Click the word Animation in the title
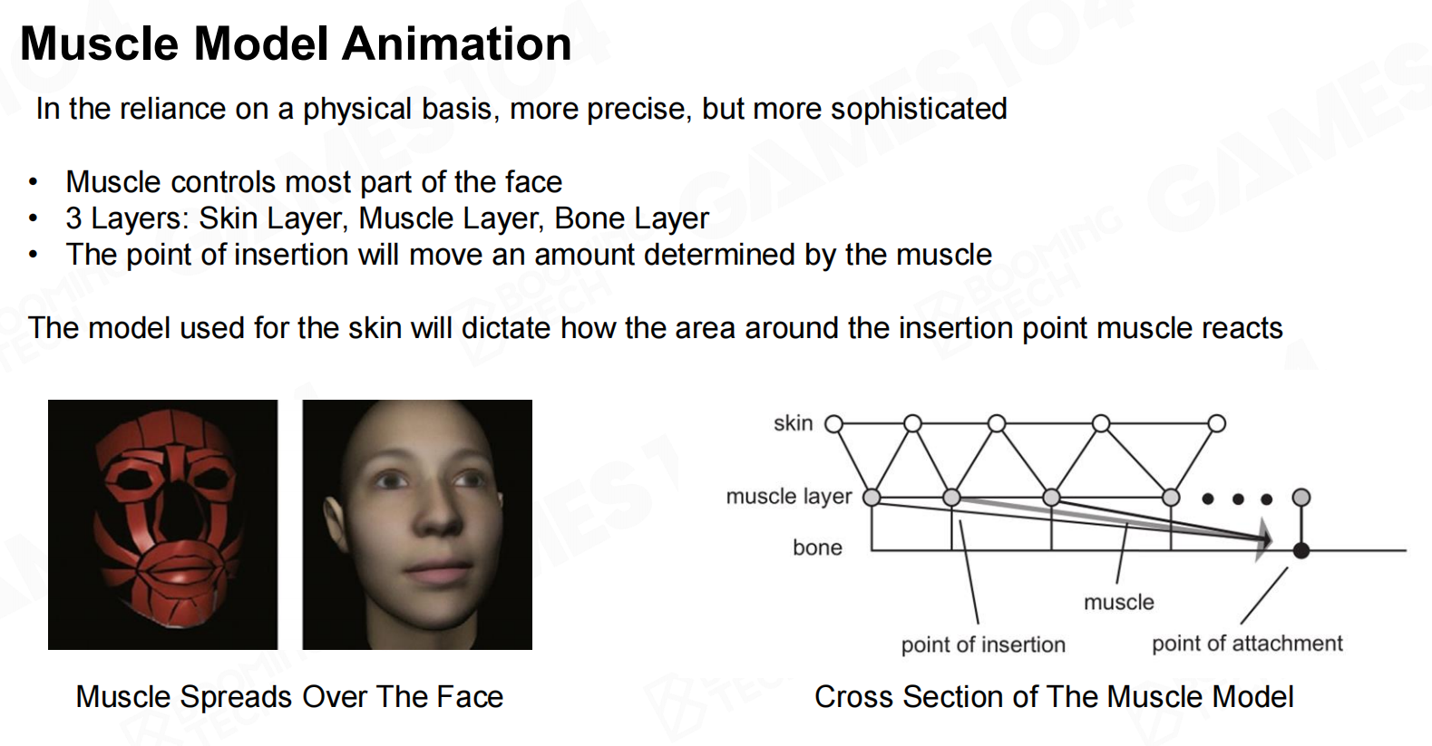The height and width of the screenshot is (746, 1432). coord(456,44)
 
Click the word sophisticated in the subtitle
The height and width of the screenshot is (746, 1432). coord(919,110)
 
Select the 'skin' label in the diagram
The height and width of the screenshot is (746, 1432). coord(793,422)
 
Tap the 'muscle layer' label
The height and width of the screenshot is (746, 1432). coord(789,497)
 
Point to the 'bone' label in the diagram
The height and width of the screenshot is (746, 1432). coord(817,547)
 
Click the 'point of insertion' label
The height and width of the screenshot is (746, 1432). coord(983,645)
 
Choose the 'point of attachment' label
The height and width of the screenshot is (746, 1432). coord(1247,644)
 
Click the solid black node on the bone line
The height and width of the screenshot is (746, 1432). coord(1300,550)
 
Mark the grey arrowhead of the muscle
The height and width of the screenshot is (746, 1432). coord(1264,540)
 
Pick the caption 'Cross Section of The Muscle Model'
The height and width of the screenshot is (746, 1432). coord(1054,697)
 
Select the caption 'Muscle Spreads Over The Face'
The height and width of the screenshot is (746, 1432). coord(289,697)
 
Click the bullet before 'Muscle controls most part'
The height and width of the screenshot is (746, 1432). coord(34,183)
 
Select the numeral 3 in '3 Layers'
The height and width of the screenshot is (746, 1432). coord(73,218)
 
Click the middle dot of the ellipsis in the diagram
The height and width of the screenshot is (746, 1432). coord(1238,499)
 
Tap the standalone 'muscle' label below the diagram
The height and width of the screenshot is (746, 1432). coord(1119,602)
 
